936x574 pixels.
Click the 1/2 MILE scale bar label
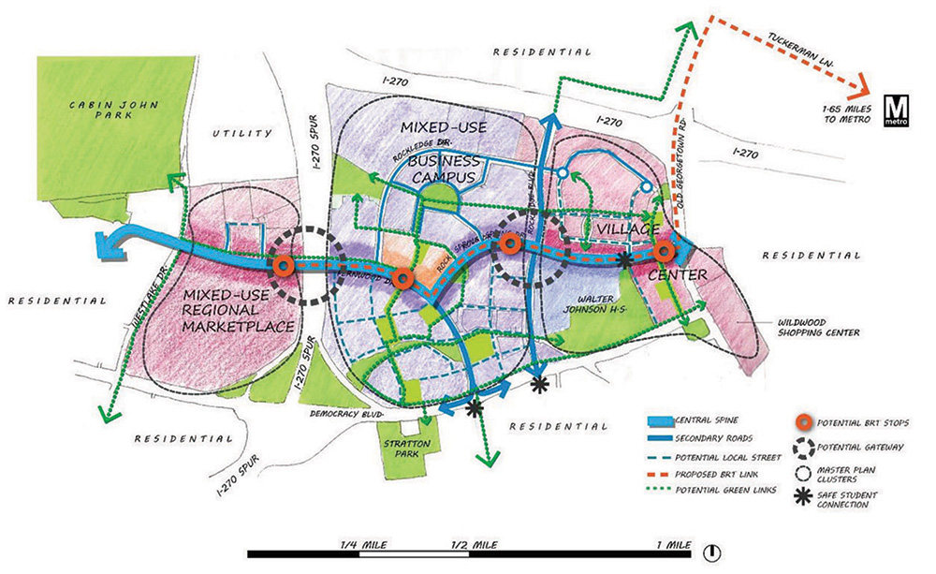(472, 543)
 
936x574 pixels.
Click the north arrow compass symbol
(711, 552)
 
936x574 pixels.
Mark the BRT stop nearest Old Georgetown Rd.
(664, 251)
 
